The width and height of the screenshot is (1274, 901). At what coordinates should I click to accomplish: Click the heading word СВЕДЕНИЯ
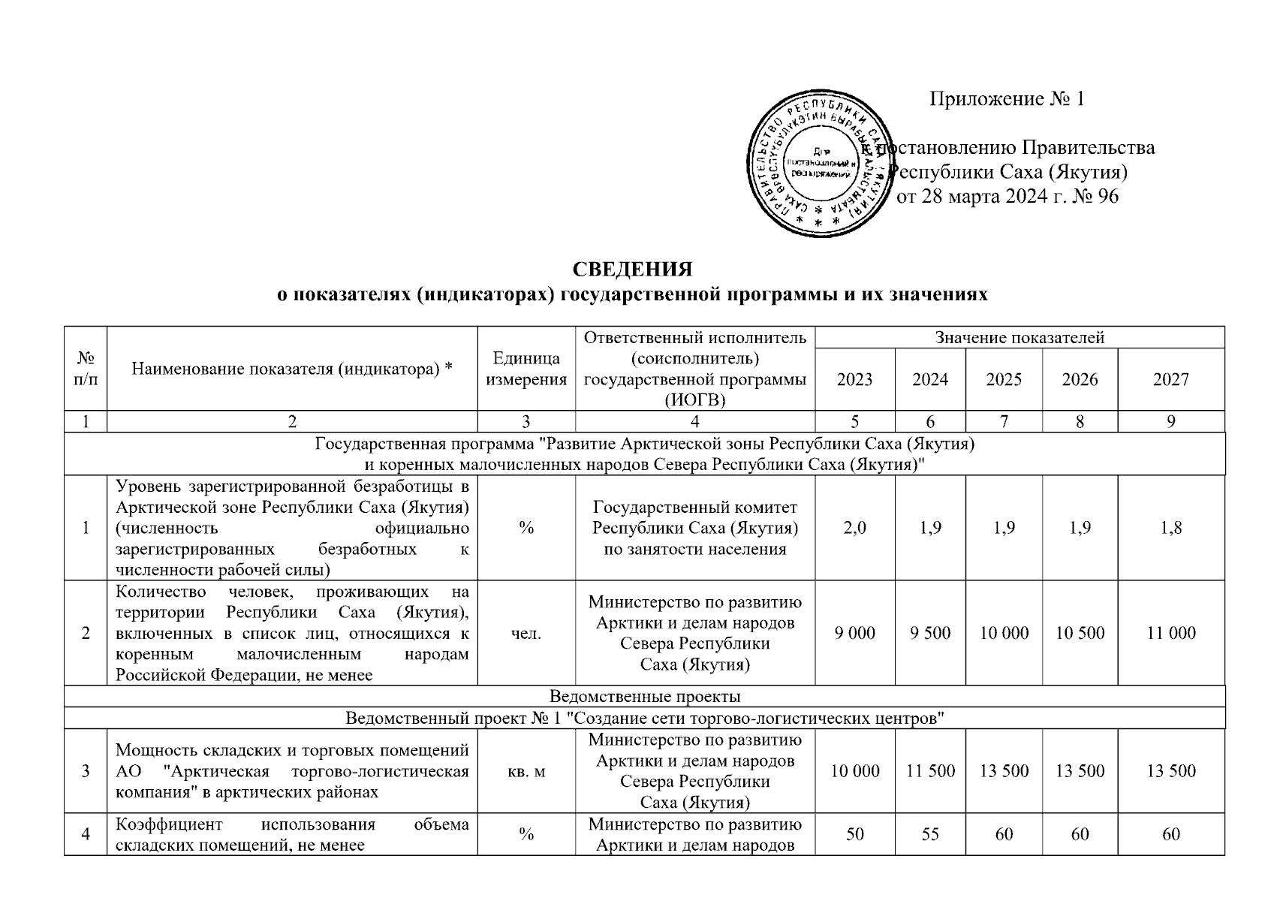[632, 270]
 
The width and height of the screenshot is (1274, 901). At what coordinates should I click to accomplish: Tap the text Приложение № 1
[1007, 99]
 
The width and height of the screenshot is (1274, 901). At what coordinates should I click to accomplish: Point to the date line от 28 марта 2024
[1007, 197]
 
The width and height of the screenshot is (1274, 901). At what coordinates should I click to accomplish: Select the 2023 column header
[854, 380]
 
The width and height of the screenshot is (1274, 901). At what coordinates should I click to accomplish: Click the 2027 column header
[1170, 380]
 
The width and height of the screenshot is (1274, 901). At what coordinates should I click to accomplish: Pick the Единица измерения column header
[526, 369]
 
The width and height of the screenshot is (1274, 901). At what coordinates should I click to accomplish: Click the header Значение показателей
[1019, 338]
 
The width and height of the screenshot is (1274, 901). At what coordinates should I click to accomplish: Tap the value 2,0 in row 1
[854, 528]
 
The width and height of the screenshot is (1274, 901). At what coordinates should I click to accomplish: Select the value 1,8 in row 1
[1170, 528]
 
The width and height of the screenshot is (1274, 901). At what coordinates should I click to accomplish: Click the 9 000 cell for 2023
[854, 633]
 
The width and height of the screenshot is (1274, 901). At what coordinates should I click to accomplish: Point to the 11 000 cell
[1170, 633]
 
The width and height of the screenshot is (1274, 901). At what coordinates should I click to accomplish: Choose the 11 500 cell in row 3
[930, 771]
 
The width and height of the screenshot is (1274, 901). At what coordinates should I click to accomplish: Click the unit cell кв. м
[526, 771]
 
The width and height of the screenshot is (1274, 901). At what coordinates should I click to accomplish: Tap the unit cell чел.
[526, 633]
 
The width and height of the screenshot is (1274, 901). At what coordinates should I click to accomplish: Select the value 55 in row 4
[930, 834]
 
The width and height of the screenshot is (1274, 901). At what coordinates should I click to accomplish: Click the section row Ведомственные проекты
[645, 696]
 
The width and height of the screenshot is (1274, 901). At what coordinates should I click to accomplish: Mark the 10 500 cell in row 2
[1080, 633]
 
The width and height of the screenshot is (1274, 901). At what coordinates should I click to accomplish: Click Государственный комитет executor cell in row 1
[695, 528]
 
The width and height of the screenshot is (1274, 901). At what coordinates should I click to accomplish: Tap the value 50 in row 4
[854, 834]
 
